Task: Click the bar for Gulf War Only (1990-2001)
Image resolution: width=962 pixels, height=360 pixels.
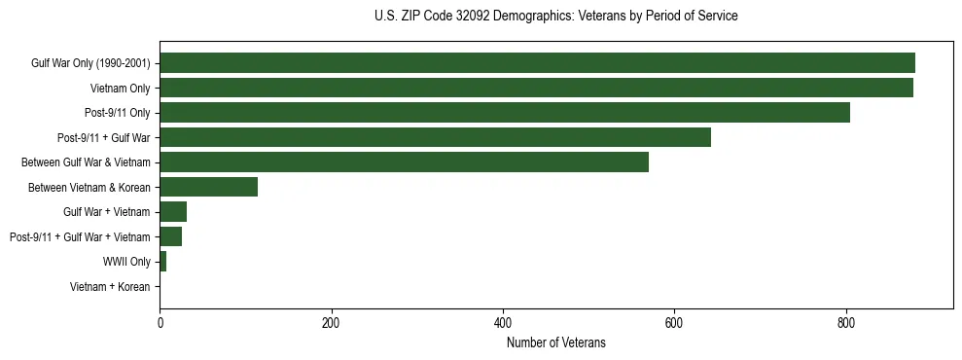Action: point(537,63)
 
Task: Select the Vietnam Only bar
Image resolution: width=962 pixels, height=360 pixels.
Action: point(536,88)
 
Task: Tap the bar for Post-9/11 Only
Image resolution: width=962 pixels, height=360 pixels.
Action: point(505,113)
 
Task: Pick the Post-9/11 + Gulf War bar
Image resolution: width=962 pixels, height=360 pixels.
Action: point(435,137)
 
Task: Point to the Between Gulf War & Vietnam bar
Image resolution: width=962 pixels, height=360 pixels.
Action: point(404,162)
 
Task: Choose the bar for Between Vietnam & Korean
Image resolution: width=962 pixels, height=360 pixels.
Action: point(208,187)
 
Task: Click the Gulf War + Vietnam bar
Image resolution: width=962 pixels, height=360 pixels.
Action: point(173,212)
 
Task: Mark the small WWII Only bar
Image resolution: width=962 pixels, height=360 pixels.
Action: point(162,262)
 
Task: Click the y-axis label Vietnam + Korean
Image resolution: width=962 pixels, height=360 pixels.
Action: point(110,287)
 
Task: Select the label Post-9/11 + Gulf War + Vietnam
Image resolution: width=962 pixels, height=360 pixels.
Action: point(80,237)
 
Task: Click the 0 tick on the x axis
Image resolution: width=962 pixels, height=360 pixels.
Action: point(160,322)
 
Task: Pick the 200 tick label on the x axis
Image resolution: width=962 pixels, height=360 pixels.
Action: point(332,322)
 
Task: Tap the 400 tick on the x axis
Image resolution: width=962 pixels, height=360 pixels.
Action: point(503,322)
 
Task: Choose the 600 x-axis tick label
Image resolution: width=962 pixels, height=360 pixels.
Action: point(674,322)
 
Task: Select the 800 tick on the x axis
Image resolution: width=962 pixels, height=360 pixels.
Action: point(846,322)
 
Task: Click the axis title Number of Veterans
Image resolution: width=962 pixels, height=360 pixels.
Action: point(555,342)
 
